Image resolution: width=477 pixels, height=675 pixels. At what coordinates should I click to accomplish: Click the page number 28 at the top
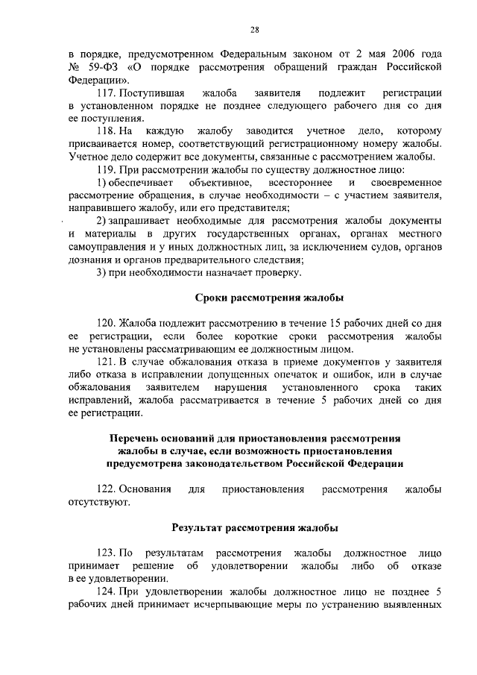(x=254, y=29)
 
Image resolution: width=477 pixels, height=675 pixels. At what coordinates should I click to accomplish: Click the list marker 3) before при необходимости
(x=104, y=273)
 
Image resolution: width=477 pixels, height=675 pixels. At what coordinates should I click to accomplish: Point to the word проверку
(x=280, y=273)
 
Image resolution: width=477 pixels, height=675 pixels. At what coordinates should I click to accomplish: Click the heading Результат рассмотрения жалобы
(x=255, y=527)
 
